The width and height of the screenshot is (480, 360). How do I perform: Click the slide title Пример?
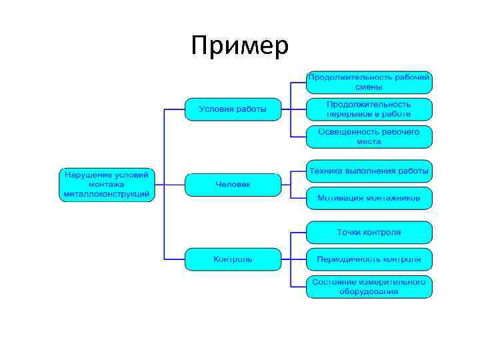pyautogui.click(x=239, y=46)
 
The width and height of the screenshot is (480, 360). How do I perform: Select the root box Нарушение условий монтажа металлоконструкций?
pyautogui.click(x=106, y=185)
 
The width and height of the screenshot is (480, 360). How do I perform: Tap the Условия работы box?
pyautogui.click(x=233, y=109)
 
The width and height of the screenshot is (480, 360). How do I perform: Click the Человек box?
pyautogui.click(x=233, y=184)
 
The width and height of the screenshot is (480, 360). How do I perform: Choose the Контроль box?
pyautogui.click(x=233, y=259)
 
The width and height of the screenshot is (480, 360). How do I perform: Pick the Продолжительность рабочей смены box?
pyautogui.click(x=369, y=82)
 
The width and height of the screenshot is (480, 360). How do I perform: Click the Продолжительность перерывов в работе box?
pyautogui.click(x=369, y=109)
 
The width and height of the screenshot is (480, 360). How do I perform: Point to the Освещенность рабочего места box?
pyautogui.click(x=369, y=137)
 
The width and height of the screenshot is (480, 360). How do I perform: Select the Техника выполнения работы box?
pyautogui.click(x=369, y=171)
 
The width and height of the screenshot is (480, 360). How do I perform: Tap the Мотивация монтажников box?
pyautogui.click(x=369, y=198)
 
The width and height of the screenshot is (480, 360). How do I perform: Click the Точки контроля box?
pyautogui.click(x=369, y=233)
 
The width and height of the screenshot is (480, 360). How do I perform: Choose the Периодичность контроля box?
pyautogui.click(x=369, y=259)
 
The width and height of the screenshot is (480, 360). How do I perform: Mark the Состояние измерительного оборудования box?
pyautogui.click(x=369, y=287)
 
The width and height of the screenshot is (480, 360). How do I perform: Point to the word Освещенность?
pyautogui.click(x=346, y=132)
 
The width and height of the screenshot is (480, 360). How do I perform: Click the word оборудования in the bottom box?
pyautogui.click(x=369, y=291)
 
